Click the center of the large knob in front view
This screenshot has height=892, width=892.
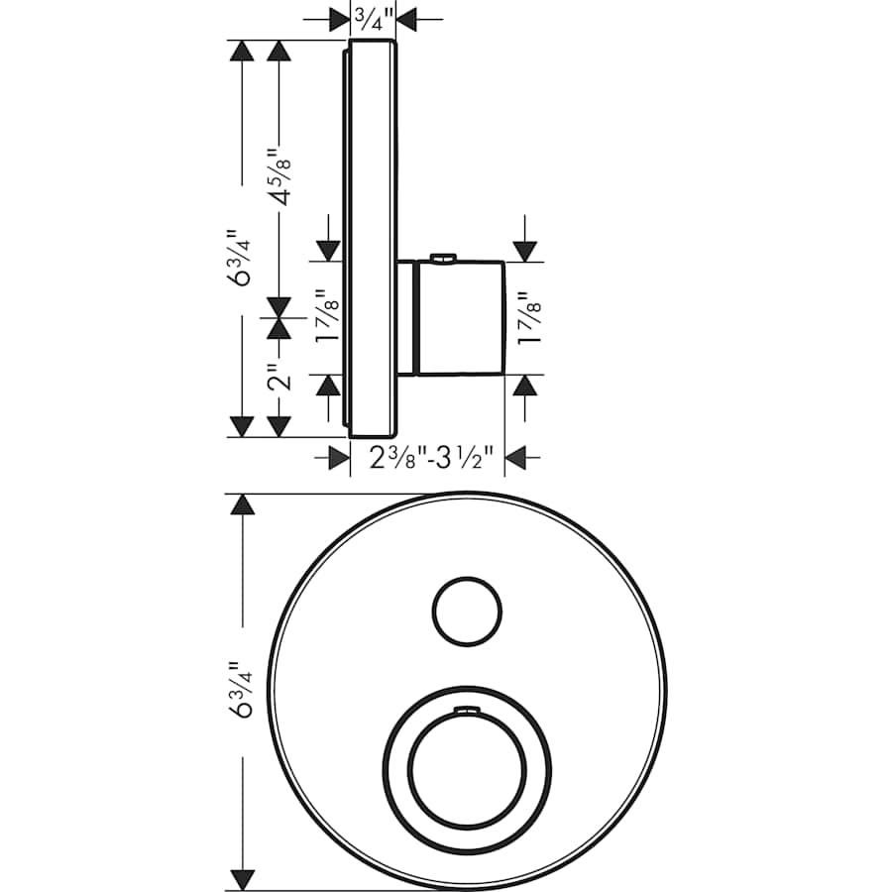click(x=463, y=768)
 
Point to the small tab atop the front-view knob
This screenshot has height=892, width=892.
click(x=465, y=710)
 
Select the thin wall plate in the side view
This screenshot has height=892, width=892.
click(x=373, y=238)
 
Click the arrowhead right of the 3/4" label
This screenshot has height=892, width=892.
click(x=407, y=17)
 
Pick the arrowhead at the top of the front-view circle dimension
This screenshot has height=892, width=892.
click(x=242, y=504)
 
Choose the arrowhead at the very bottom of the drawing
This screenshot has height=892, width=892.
click(x=242, y=878)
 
